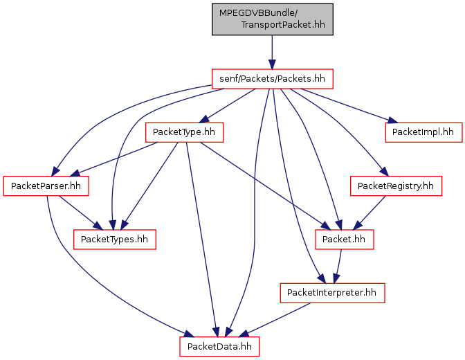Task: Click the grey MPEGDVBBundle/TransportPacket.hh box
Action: (272, 19)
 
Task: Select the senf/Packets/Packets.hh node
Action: (272, 79)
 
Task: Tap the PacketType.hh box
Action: (184, 132)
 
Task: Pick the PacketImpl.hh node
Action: (423, 132)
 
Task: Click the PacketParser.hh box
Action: (46, 186)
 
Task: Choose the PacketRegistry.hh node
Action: (396, 186)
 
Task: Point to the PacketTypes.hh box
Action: (114, 240)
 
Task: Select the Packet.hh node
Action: (344, 240)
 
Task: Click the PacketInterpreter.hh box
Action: (332, 293)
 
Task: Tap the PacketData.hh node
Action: (219, 346)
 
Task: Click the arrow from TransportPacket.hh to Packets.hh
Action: (272, 52)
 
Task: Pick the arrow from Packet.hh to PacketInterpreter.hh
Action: (338, 267)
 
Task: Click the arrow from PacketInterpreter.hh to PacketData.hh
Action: (275, 320)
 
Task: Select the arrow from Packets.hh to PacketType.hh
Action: (227, 105)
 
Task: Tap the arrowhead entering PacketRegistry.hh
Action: (384, 172)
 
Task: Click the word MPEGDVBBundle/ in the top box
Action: (258, 13)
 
